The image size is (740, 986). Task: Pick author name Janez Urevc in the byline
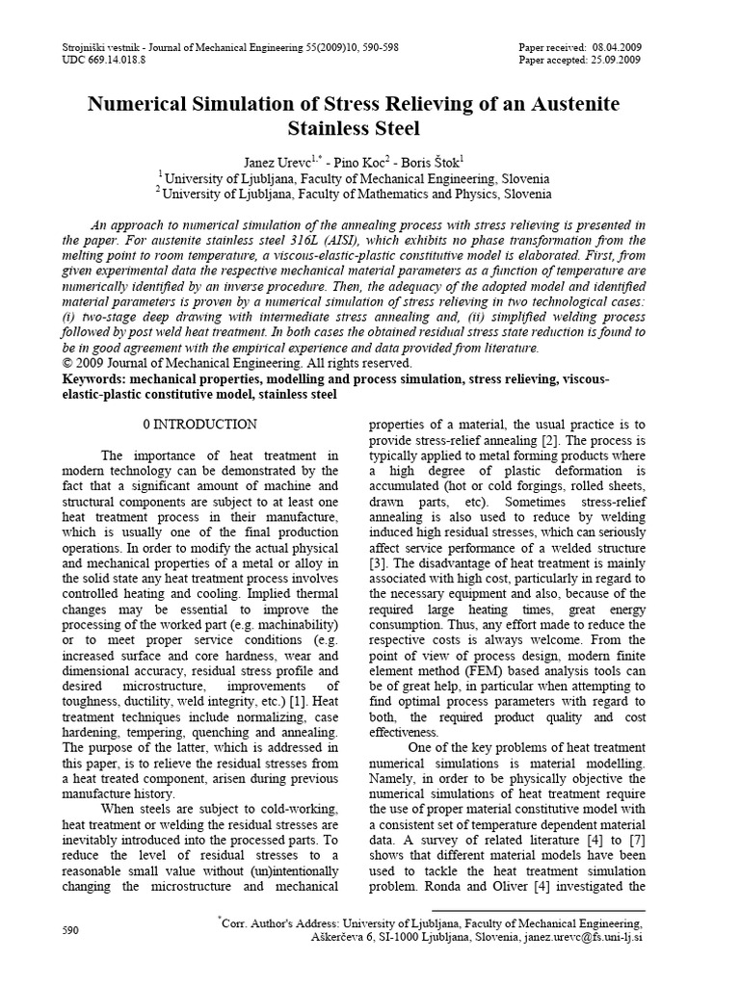click(272, 160)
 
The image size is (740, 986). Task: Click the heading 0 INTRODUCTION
click(199, 424)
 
